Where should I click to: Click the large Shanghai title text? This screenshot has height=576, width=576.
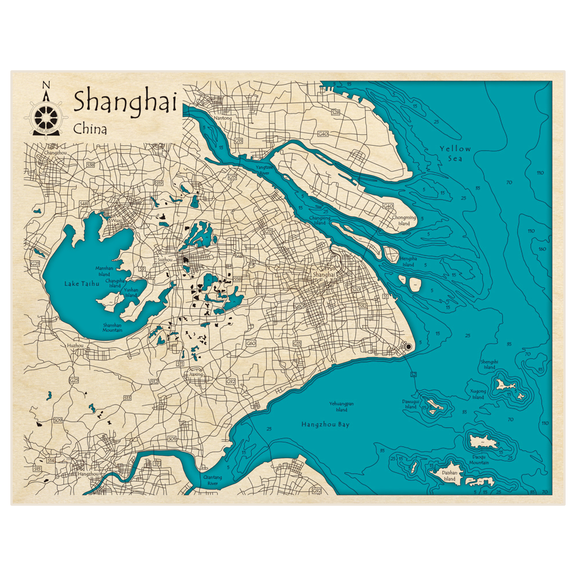point(124,102)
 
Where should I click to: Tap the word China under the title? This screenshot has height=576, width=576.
point(90,129)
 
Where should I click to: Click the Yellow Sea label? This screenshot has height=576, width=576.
point(456,153)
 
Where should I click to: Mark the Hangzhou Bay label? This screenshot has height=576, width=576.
point(325,425)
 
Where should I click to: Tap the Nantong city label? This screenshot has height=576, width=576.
point(222,118)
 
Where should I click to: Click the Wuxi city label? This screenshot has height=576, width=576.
point(116,220)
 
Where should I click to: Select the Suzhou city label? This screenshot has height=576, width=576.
point(165,260)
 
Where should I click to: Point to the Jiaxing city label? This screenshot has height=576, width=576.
point(196,374)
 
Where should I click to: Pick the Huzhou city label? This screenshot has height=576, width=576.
point(75,345)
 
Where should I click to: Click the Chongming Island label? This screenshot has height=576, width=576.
point(404,221)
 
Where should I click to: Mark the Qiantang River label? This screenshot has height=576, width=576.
point(209,480)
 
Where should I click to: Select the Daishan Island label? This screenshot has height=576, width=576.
point(449,476)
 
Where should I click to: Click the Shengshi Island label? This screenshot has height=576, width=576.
point(488,365)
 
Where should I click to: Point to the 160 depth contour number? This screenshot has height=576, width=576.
point(542,249)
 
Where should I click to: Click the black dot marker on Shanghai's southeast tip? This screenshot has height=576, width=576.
point(408,347)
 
